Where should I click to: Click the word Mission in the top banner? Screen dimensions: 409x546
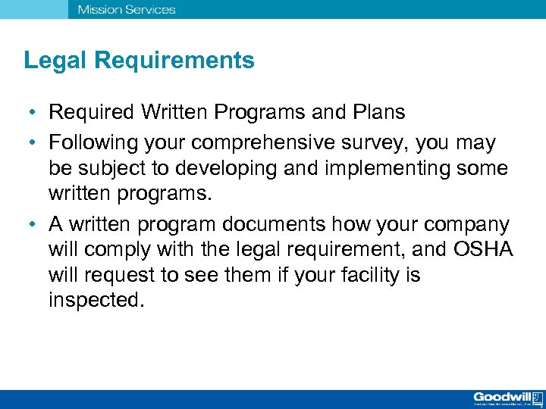pos(97,10)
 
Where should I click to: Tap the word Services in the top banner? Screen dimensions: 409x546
pos(148,10)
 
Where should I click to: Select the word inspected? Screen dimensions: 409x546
pos(95,300)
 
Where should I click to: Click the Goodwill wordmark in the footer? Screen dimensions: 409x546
pos(500,396)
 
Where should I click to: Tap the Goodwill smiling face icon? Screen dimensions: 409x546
pos(537,397)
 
